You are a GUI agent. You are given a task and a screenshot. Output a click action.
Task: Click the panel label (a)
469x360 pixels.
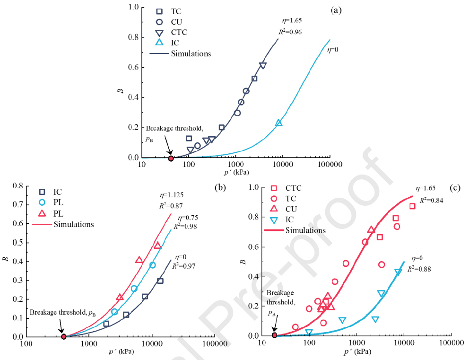337,10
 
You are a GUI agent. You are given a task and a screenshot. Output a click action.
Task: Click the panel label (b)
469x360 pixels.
220,187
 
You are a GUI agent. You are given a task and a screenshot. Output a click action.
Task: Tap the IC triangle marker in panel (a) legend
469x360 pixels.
160,43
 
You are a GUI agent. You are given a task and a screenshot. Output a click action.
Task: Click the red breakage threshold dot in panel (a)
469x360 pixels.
171,158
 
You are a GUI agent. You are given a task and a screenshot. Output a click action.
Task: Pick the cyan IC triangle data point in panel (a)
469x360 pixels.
279,123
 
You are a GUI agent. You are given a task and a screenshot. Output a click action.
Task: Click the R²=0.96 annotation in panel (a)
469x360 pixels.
288,32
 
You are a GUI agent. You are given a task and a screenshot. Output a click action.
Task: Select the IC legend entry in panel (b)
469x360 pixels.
58,192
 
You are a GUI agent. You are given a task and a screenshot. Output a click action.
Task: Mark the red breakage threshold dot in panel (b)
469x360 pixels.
64,336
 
